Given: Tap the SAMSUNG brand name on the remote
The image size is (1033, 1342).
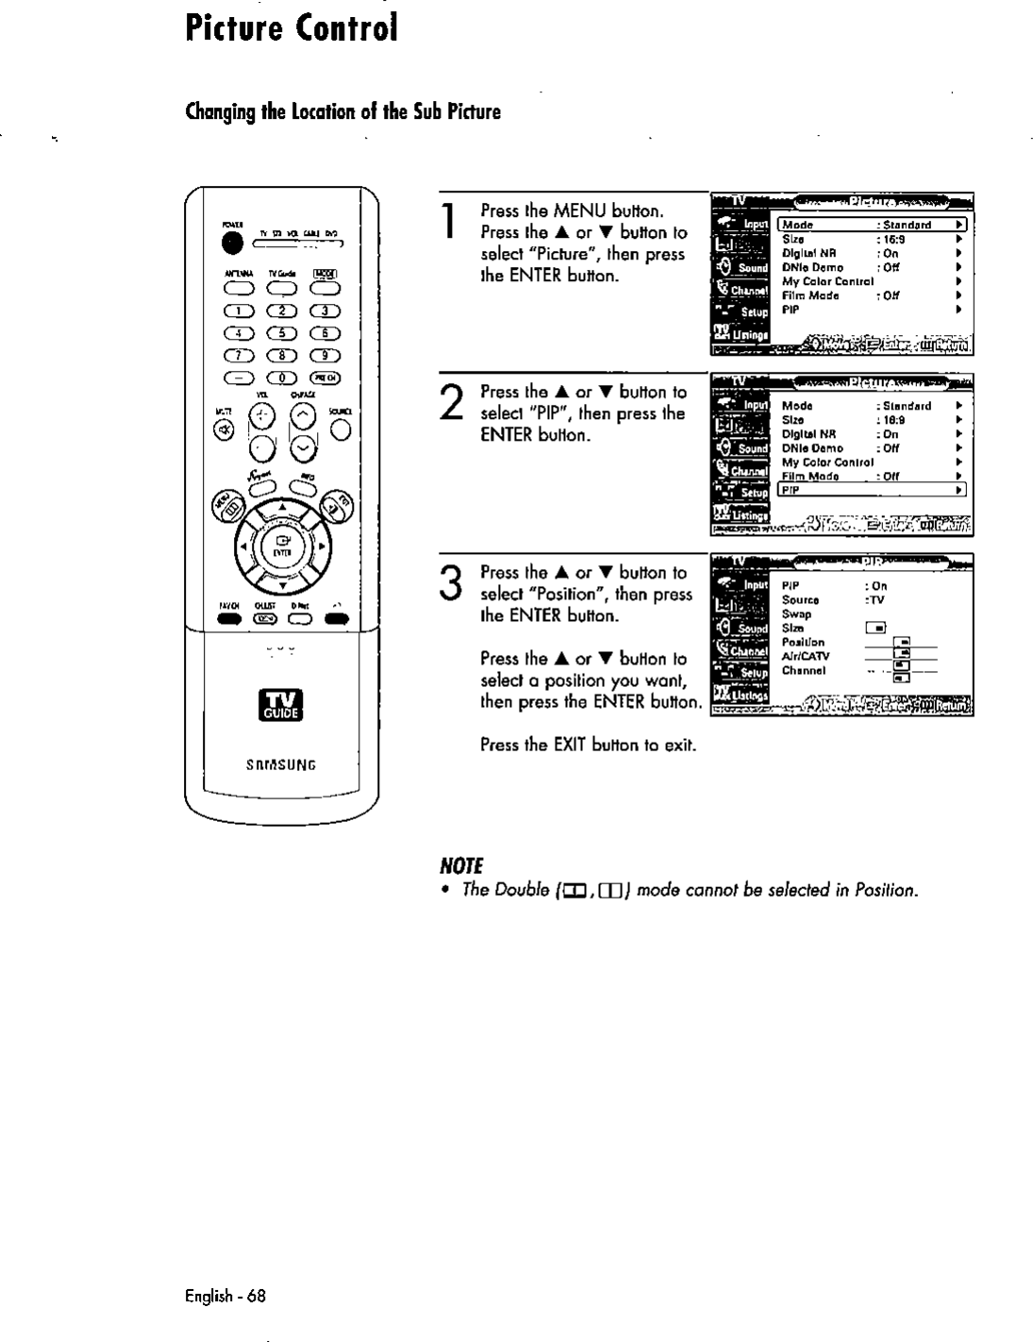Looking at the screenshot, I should (x=281, y=765).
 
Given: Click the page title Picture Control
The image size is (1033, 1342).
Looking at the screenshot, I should (x=292, y=28).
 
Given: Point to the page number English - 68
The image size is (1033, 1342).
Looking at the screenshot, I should (x=225, y=1296).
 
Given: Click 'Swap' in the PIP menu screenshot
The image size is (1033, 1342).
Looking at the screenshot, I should (x=796, y=613).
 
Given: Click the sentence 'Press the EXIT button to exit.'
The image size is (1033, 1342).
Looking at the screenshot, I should (x=588, y=745).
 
